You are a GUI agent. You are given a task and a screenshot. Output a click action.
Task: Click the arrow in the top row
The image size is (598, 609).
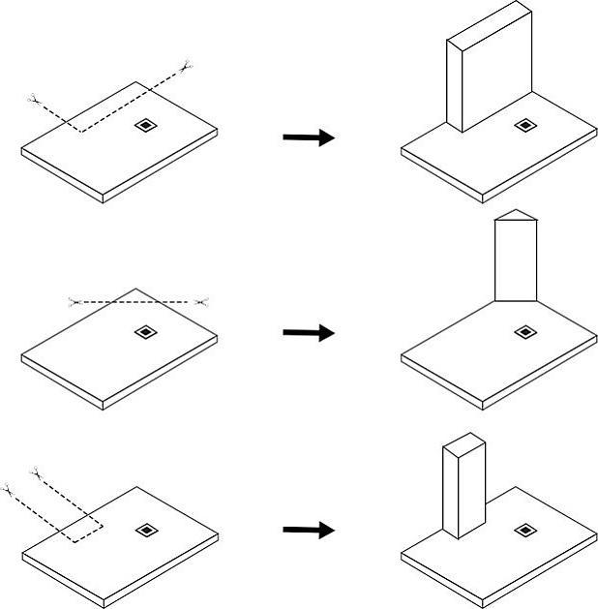(309, 137)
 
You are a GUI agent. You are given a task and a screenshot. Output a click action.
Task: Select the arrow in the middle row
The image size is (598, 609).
(309, 333)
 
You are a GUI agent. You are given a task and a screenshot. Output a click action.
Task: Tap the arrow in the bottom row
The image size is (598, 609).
(309, 531)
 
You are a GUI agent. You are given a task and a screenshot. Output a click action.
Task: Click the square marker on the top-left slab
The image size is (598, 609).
(144, 125)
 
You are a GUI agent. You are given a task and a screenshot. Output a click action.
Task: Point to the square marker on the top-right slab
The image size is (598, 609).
(523, 125)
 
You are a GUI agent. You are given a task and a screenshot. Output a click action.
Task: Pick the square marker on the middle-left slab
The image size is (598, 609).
(144, 332)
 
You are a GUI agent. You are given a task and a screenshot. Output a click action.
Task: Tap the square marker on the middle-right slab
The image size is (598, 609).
(523, 332)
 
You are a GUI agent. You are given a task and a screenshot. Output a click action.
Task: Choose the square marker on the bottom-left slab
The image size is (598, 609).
(144, 530)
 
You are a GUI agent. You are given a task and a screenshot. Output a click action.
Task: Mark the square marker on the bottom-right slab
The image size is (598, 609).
(523, 530)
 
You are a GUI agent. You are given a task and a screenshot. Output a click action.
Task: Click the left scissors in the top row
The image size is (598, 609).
(34, 99)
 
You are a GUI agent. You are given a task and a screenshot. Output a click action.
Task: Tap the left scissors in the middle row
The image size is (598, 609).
(75, 302)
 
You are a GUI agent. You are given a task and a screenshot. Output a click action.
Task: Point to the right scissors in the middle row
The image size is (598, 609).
(201, 303)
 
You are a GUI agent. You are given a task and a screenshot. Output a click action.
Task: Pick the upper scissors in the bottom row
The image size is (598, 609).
(37, 472)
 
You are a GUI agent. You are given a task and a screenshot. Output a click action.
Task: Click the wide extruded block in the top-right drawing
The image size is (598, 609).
(489, 68)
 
